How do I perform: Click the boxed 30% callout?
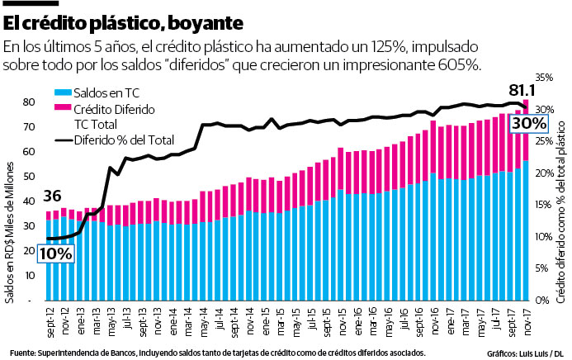pyautogui.click(x=528, y=123)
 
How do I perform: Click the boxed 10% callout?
pyautogui.click(x=54, y=253)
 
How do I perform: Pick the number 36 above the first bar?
pyautogui.click(x=52, y=197)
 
